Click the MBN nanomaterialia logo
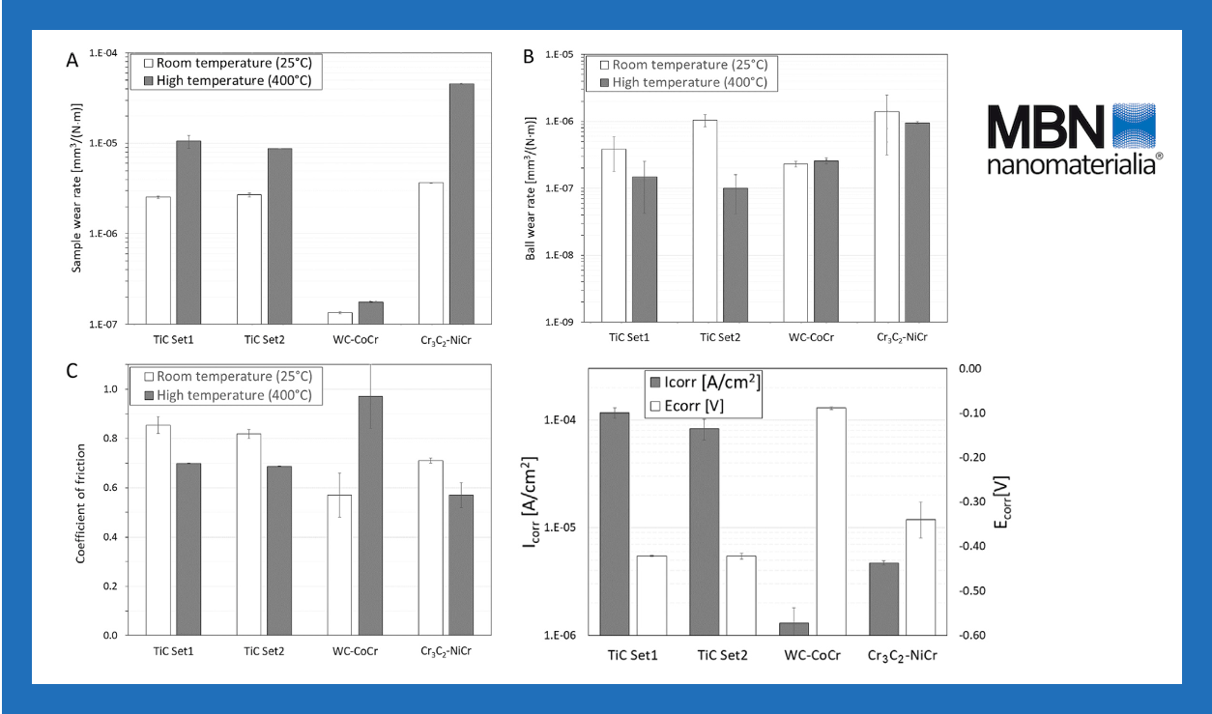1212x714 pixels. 1074,137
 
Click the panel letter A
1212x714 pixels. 72,60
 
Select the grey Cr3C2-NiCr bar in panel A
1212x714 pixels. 461,203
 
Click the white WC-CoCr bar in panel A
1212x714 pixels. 340,318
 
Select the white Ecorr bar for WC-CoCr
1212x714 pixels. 830,521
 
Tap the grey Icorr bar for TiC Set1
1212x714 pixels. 615,523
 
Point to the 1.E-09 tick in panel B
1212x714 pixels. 561,323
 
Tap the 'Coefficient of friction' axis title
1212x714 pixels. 81,502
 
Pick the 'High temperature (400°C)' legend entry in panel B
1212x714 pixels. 681,82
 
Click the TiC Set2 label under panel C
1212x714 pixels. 265,650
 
